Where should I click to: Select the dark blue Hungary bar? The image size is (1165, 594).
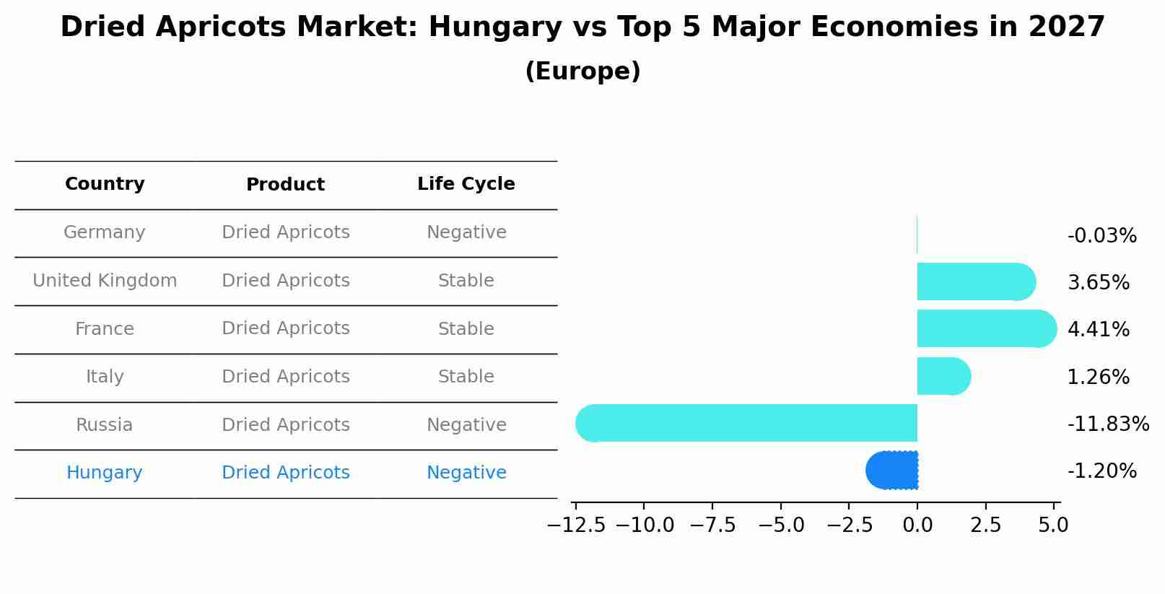[x=892, y=471]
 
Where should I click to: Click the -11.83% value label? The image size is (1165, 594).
[x=1108, y=424]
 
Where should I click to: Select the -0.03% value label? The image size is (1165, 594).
[x=1101, y=236]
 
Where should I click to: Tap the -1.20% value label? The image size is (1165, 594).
[x=1101, y=471]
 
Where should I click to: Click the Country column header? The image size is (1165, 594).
[x=105, y=184]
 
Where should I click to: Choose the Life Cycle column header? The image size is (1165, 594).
[x=466, y=184]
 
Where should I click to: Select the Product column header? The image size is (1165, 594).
[x=285, y=185]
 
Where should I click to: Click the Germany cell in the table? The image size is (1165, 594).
[x=105, y=232]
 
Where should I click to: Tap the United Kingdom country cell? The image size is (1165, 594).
[x=105, y=281]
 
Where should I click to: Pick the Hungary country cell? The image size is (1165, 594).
[x=105, y=473]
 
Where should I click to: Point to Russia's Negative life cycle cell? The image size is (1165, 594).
[x=466, y=425]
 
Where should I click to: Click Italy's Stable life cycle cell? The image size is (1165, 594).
[x=466, y=377]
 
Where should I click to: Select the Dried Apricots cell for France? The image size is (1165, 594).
[x=285, y=328]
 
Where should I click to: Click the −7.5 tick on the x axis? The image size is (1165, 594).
[x=712, y=525]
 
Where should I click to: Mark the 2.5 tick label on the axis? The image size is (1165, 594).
[x=985, y=525]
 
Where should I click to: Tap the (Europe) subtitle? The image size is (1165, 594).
[x=582, y=71]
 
